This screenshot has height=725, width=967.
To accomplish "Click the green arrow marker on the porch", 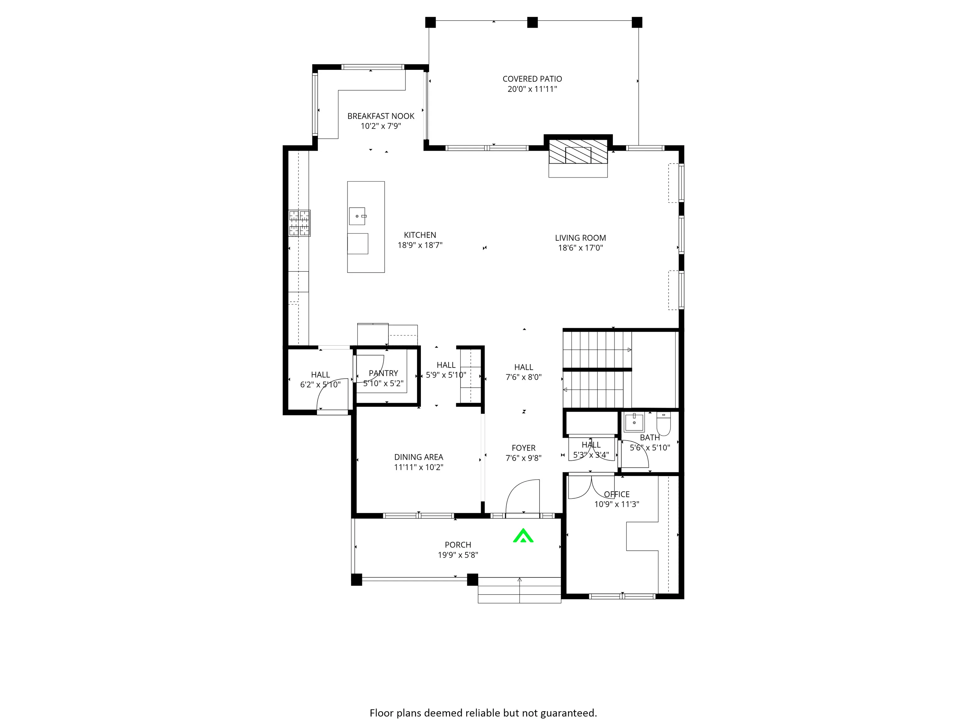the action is pyautogui.click(x=523, y=536).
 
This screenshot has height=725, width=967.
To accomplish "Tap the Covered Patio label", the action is pyautogui.click(x=532, y=79).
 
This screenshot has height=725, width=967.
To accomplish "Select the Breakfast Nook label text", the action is pyautogui.click(x=381, y=116).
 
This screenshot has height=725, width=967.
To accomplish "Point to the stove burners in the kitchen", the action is pyautogui.click(x=299, y=223).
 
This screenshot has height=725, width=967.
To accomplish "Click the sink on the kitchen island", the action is pyautogui.click(x=357, y=216).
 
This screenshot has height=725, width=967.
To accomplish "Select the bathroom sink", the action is pyautogui.click(x=634, y=422).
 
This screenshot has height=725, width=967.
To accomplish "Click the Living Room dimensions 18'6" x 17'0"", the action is pyautogui.click(x=580, y=248).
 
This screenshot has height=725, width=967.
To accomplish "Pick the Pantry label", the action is pyautogui.click(x=383, y=373).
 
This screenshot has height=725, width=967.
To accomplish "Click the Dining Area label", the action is pyautogui.click(x=418, y=457).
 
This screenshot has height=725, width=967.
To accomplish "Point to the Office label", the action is pyautogui.click(x=617, y=494).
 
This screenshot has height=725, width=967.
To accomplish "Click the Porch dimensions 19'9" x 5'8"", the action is pyautogui.click(x=458, y=555).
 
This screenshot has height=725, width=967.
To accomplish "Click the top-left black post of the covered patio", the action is pyautogui.click(x=431, y=22).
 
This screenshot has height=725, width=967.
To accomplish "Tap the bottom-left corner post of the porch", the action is pyautogui.click(x=357, y=580).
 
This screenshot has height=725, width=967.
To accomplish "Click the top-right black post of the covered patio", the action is pyautogui.click(x=637, y=22).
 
